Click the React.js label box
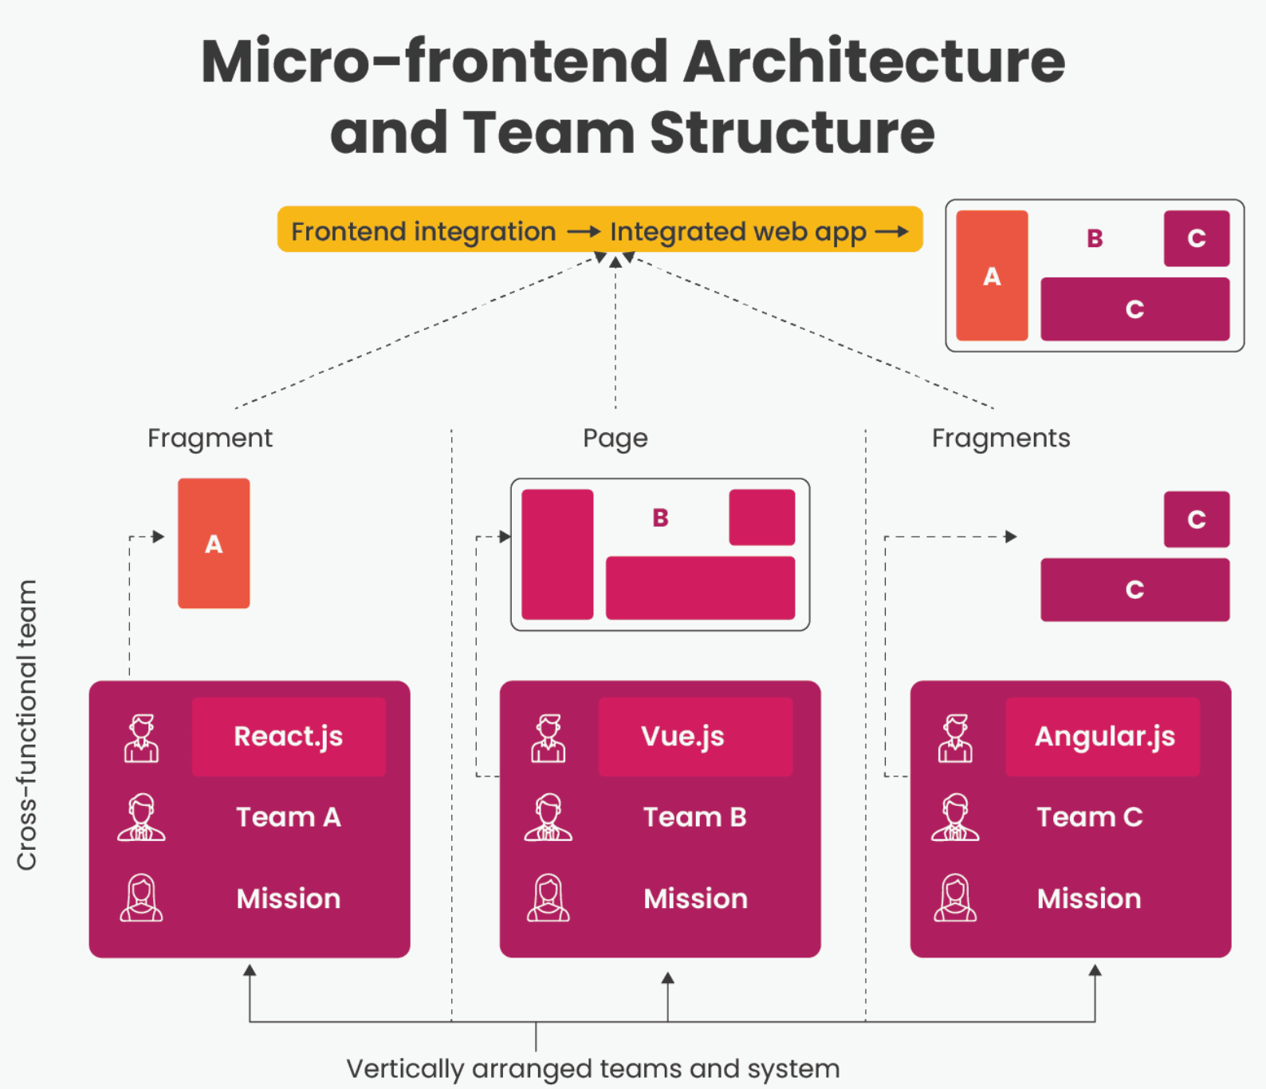pos(289,737)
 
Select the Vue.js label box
pos(695,737)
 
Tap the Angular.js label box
pos(1103,737)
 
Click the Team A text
pos(289,817)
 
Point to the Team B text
pos(695,817)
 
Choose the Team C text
pos(1089,817)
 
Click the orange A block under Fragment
pos(214,544)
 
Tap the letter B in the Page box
pos(660,518)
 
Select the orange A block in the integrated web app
pos(992,276)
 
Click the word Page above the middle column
pos(615,438)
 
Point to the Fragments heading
pos(1001,438)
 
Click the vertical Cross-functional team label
pos(27,725)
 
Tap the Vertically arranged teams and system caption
pos(593,1068)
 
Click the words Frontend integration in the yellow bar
pos(423,231)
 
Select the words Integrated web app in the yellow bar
pos(737,231)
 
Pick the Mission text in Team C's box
pos(1089,898)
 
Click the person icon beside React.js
pos(141,738)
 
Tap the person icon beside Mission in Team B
pos(548,898)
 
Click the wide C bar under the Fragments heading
pos(1134,590)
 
